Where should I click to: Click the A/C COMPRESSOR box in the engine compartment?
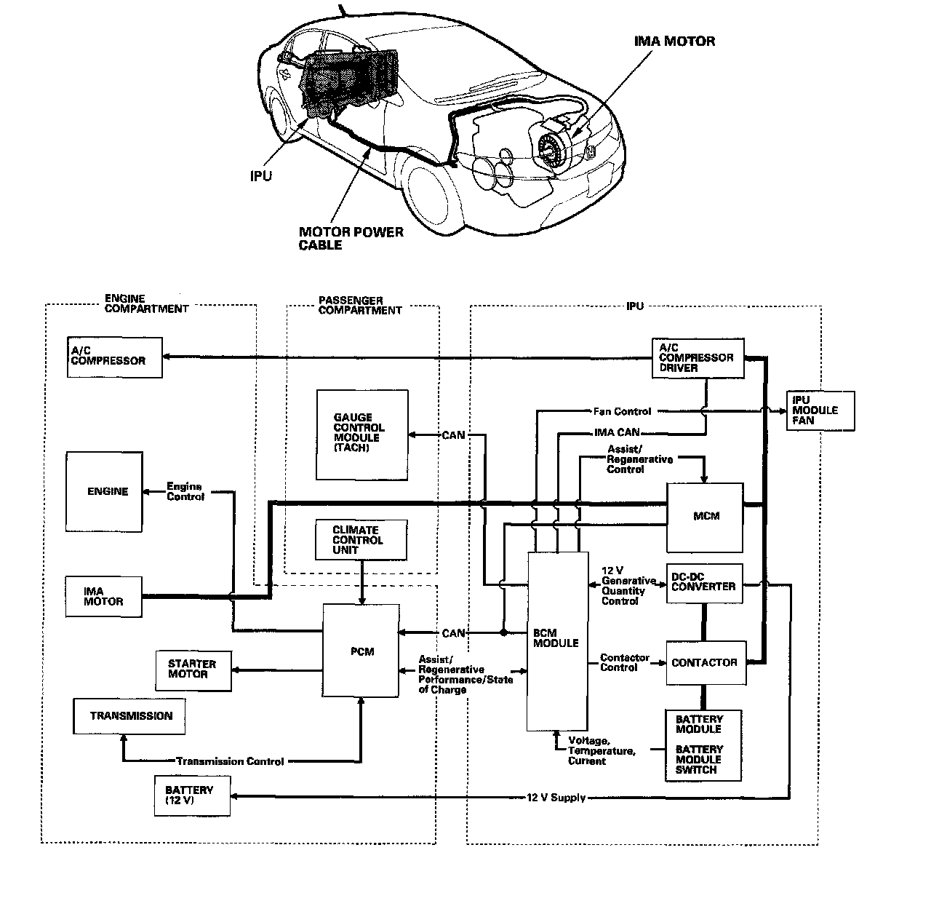pyautogui.click(x=114, y=357)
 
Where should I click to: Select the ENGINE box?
pyautogui.click(x=104, y=491)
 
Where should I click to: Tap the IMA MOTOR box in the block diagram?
pyautogui.click(x=103, y=597)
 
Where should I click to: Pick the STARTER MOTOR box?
pyautogui.click(x=193, y=670)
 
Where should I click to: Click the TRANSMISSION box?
pyautogui.click(x=129, y=716)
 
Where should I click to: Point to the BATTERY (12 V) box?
pyautogui.click(x=192, y=795)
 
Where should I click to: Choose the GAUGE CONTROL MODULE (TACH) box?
pyautogui.click(x=362, y=434)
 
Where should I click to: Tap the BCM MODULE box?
pyautogui.click(x=557, y=640)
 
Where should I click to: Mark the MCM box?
pyautogui.click(x=706, y=516)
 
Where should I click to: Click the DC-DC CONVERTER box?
pyautogui.click(x=704, y=583)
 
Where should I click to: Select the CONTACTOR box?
pyautogui.click(x=706, y=663)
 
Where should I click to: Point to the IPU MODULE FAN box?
pyautogui.click(x=820, y=410)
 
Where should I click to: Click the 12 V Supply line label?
pyautogui.click(x=556, y=798)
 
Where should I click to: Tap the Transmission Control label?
pyautogui.click(x=230, y=761)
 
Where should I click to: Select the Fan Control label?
pyautogui.click(x=622, y=411)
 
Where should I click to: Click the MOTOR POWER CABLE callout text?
pyautogui.click(x=351, y=239)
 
